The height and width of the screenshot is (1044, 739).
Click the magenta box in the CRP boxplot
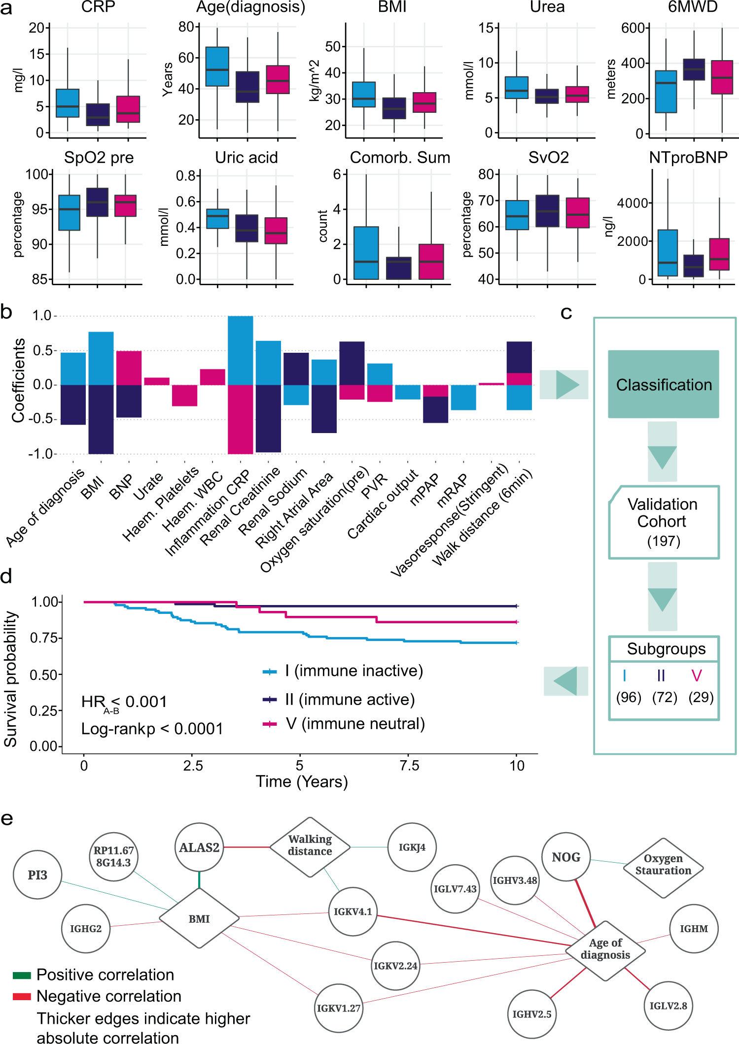coord(128,109)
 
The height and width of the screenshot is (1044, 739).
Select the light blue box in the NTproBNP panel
coord(668,253)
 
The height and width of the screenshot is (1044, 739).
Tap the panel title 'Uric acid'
coord(246,158)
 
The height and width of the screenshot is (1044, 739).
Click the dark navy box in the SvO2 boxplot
coord(547,211)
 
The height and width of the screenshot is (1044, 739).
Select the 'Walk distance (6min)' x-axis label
coord(482,517)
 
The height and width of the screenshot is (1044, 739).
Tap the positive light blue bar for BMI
coord(101,358)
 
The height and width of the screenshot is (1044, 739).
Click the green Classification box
coord(663,384)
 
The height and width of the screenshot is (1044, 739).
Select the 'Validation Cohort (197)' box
coord(663,522)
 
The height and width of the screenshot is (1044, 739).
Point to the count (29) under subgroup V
coord(701,697)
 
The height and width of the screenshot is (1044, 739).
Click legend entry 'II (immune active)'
coord(350,700)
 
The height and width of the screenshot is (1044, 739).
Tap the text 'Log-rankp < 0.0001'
coord(152,729)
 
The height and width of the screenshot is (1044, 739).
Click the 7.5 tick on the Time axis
coord(409,766)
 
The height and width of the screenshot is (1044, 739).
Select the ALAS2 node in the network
coord(199,847)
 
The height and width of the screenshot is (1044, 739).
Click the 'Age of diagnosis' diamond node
coord(605,949)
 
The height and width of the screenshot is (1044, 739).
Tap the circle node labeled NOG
coord(566,857)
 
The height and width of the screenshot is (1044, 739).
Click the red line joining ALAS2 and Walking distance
coord(246,847)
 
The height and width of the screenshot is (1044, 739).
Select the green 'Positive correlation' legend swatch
coord(22,975)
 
